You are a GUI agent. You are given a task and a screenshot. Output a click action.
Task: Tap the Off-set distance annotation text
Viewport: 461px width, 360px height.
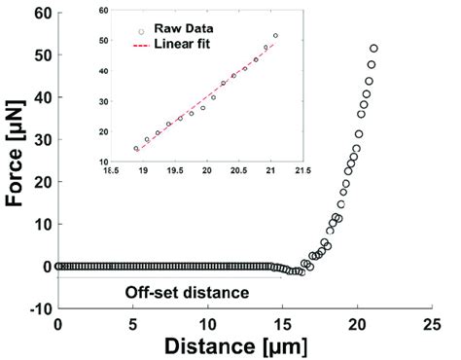(187, 291)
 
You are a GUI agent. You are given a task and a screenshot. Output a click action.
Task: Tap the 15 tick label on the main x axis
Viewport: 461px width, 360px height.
(281, 323)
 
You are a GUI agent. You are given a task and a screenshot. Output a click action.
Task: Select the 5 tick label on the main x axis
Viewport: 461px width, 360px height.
(132, 323)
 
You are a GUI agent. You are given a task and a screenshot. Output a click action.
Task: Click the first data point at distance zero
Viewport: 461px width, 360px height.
(59, 266)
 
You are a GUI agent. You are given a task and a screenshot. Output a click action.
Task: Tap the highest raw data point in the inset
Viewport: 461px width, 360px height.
(275, 36)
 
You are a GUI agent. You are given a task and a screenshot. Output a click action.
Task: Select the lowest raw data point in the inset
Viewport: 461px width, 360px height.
(136, 149)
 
